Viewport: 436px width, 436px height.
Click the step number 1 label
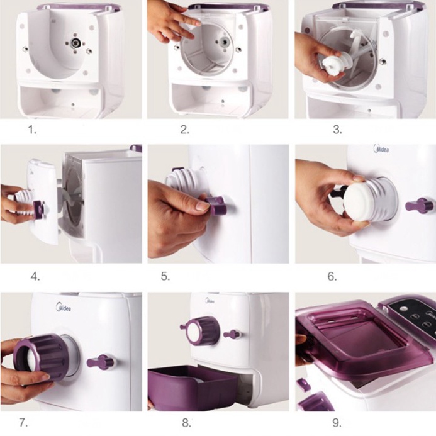(33, 130)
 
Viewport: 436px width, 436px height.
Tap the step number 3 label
(337, 130)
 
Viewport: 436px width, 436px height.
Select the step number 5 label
(165, 276)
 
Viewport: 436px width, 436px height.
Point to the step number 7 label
(23, 423)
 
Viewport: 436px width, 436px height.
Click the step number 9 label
(337, 423)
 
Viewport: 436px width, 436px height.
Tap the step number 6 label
(332, 276)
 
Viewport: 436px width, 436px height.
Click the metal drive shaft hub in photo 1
(75, 43)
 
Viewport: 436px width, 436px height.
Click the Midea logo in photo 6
(381, 148)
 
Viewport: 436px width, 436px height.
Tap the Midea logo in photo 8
(210, 301)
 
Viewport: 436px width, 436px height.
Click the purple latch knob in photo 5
(216, 205)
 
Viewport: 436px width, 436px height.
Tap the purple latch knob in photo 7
(101, 362)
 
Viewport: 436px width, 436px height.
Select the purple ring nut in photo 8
(201, 331)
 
